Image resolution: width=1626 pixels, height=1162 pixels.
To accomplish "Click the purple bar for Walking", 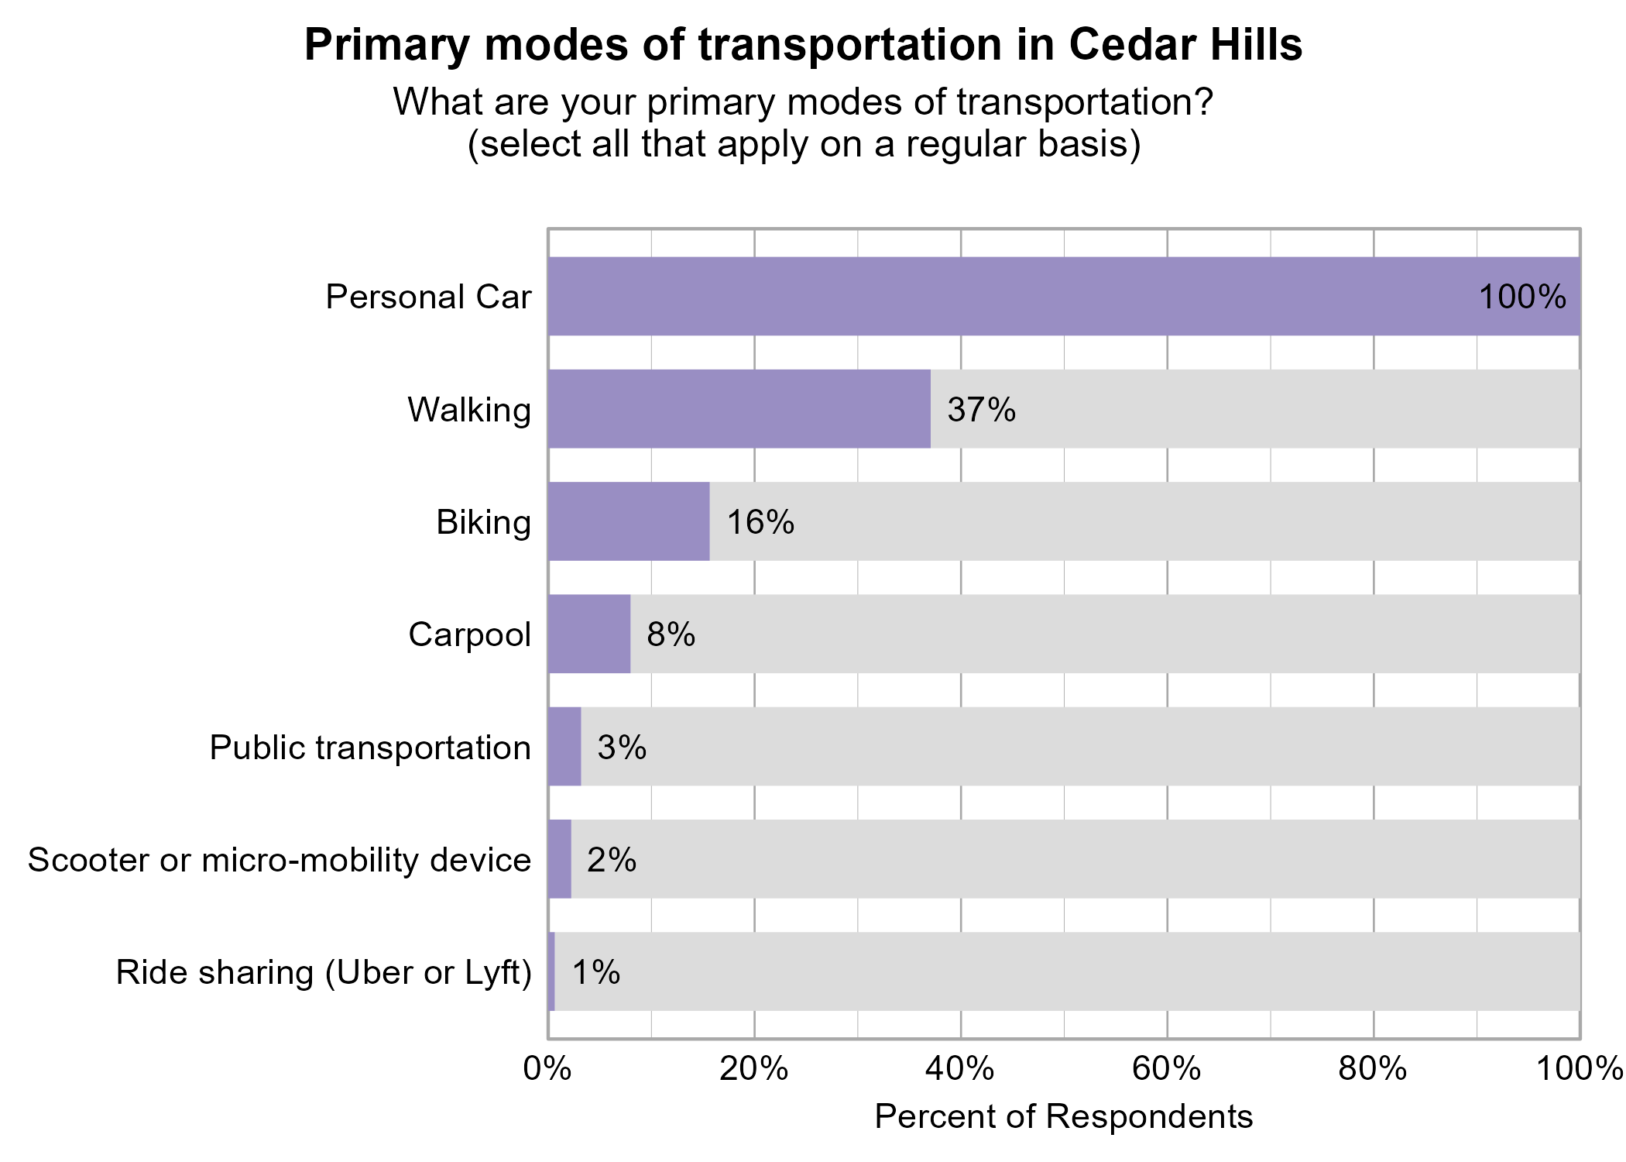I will click(739, 408).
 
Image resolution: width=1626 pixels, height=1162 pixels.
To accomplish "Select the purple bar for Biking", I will click(628, 521).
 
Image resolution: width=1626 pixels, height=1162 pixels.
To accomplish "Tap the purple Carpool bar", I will click(588, 634).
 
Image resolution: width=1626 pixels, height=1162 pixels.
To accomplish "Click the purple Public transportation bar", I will click(564, 746).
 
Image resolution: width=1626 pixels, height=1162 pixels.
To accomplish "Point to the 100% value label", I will click(1521, 297).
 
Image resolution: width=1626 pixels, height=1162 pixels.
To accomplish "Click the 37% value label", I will click(981, 410).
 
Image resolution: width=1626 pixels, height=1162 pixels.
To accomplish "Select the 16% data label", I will click(760, 522).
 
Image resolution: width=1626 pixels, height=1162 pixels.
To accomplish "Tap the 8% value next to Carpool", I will click(671, 634).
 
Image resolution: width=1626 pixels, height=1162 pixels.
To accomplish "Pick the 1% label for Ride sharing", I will click(595, 972).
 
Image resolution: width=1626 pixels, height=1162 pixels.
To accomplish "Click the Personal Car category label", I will click(428, 297).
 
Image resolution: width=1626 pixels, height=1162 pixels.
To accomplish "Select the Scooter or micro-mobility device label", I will click(280, 860).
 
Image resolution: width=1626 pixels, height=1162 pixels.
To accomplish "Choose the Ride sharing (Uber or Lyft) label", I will click(324, 972).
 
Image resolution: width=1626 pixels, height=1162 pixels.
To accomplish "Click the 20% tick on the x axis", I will click(753, 1070).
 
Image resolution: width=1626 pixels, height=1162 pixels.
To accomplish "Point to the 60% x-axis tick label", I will click(1166, 1070).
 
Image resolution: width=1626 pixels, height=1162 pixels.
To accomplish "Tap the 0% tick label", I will click(547, 1070).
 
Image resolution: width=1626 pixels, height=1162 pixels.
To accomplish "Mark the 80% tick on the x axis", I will click(1373, 1070).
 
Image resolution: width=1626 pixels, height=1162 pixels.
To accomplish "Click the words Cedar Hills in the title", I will click(1185, 45).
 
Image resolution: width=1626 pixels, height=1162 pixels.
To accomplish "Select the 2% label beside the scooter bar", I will click(611, 860).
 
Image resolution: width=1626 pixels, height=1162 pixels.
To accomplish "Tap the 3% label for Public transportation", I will click(622, 748).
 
